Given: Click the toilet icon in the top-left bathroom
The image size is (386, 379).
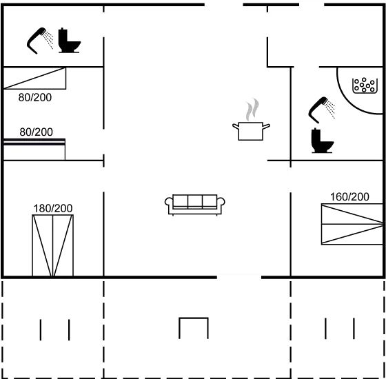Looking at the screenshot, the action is click(69, 41).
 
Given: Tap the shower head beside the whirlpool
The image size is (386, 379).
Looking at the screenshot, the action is click(321, 110).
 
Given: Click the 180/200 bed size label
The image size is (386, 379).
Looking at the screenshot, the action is click(53, 208).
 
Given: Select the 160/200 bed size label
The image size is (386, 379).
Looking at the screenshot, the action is click(349, 197).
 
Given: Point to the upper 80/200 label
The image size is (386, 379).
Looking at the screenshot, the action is click(35, 97).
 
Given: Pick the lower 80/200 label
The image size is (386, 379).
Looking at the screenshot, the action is click(36, 132).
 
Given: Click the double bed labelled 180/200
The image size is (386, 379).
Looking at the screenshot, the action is click(52, 245).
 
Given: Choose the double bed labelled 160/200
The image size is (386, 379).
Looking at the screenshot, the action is click(352, 224).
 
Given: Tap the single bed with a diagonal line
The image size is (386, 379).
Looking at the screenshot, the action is click(34, 79).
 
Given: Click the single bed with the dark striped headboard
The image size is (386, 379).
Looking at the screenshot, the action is click(34, 150).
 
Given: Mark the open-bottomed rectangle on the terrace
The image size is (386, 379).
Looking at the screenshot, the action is click(194, 318).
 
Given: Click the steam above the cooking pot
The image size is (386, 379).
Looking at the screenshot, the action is click(252, 110).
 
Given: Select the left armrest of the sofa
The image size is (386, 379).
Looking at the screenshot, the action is click(169, 202).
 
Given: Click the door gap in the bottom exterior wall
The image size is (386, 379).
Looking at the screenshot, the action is click(238, 277).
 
